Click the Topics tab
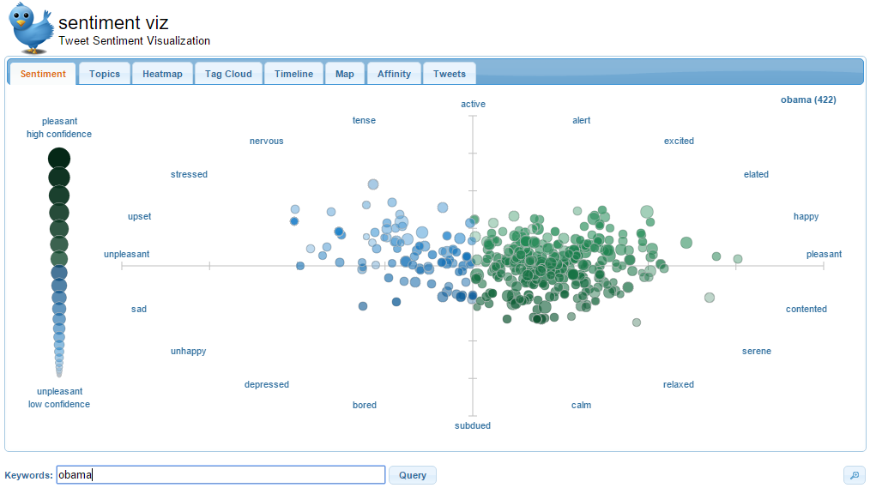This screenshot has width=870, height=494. point(105,74)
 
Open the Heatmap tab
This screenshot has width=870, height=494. point(162,74)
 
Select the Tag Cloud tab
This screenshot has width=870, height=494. point(228,74)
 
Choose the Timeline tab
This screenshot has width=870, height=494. point(293,74)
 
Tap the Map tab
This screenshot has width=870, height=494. point(345,74)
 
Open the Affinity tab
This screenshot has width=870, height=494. point(394,74)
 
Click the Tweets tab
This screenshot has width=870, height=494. point(450,74)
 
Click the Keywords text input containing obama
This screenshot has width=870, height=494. point(221,475)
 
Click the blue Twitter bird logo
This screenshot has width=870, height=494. point(32,27)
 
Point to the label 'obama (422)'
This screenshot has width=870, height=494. point(808,99)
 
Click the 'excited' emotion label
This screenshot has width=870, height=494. point(679,141)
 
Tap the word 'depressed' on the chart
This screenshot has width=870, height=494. point(267,384)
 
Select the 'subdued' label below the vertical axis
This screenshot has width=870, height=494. point(473,425)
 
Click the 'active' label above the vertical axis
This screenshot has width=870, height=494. point(473,104)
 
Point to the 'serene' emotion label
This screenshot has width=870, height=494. point(757,351)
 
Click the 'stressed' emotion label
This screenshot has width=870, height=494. point(189,174)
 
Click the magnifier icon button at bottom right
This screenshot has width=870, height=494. point(854,475)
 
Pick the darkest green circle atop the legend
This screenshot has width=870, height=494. point(59,159)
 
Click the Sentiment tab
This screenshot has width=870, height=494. point(43,74)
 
